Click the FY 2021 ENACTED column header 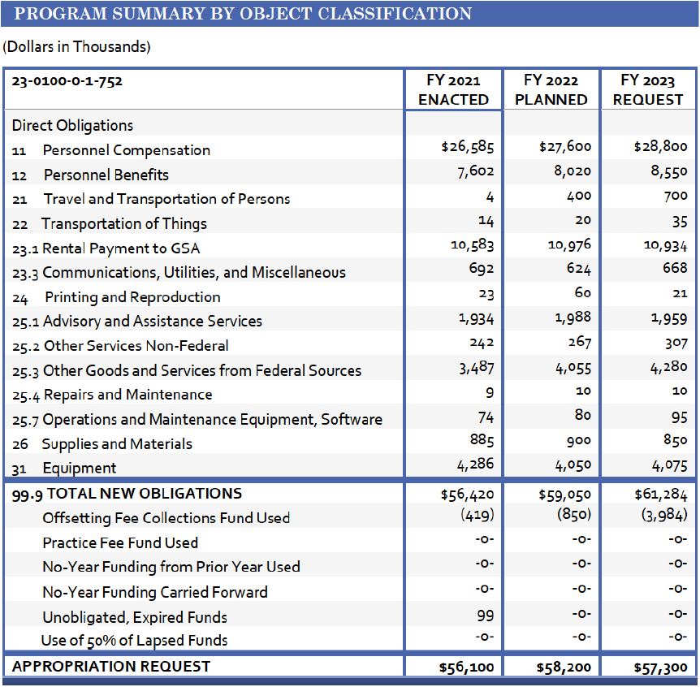pyautogui.click(x=453, y=90)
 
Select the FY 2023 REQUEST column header pyautogui.click(x=648, y=90)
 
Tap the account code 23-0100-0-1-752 pyautogui.click(x=67, y=81)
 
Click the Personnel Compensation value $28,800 pyautogui.click(x=660, y=147)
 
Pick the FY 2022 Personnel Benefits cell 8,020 pyautogui.click(x=569, y=171)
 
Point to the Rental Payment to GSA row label pyautogui.click(x=121, y=248)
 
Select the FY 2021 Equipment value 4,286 pyautogui.click(x=474, y=466)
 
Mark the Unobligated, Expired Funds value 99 pyautogui.click(x=485, y=616)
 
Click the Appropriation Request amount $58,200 pyautogui.click(x=564, y=668)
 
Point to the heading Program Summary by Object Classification pyautogui.click(x=243, y=14)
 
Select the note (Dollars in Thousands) pyautogui.click(x=77, y=47)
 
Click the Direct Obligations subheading pyautogui.click(x=73, y=126)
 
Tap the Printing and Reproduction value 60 pyautogui.click(x=582, y=293)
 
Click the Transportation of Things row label pyautogui.click(x=123, y=224)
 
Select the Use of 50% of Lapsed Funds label pyautogui.click(x=135, y=641)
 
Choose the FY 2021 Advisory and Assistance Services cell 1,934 pyautogui.click(x=476, y=318)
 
